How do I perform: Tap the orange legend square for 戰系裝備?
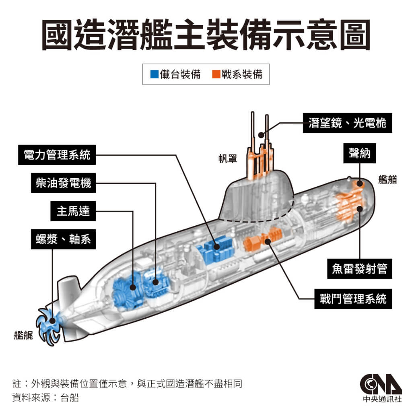pyautogui.click(x=216, y=74)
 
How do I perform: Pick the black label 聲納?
pyautogui.click(x=359, y=153)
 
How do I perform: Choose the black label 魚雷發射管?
pyautogui.click(x=359, y=268)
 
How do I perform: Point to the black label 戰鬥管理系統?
pyautogui.click(x=353, y=299)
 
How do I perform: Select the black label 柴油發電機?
pyautogui.click(x=63, y=183)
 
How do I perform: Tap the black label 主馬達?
pyautogui.click(x=73, y=211)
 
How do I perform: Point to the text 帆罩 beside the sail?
pyautogui.click(x=225, y=159)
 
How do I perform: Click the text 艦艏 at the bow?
pyautogui.click(x=387, y=179)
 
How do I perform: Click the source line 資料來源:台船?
pyautogui.click(x=45, y=398)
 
